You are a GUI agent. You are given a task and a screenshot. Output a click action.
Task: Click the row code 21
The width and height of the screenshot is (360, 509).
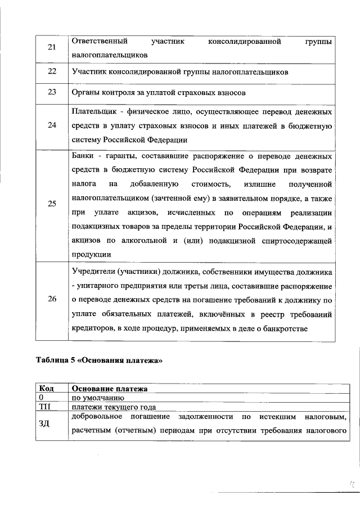pos(52,48)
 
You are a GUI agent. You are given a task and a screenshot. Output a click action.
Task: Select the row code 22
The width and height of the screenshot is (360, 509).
pos(52,73)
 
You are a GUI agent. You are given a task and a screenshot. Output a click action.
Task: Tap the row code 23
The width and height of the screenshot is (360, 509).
pos(52,93)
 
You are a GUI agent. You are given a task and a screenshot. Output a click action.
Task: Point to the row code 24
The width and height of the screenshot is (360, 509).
pos(52,125)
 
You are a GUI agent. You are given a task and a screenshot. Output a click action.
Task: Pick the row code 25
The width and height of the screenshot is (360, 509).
pos(52,204)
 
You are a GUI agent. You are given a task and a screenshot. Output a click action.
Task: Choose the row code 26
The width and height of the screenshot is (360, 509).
pos(52,300)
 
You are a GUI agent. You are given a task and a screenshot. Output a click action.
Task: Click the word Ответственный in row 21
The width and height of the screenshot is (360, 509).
pos(100,41)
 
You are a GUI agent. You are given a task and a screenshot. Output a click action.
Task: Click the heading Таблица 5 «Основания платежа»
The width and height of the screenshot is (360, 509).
pos(98,361)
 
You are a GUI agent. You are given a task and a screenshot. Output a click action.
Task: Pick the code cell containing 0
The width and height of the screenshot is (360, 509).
pos(41,398)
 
